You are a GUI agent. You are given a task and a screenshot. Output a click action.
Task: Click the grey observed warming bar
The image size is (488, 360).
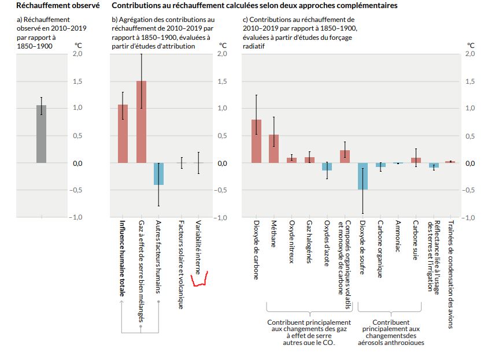pyautogui.click(x=41, y=134)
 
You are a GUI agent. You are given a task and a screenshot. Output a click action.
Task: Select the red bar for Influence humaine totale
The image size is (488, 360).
pyautogui.click(x=123, y=134)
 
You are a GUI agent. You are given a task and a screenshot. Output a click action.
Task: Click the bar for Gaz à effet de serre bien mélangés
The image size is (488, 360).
pyautogui.click(x=141, y=123)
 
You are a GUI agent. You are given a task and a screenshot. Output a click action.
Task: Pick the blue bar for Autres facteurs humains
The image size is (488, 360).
pyautogui.click(x=159, y=174)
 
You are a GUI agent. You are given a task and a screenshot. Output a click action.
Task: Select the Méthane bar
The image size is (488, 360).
pyautogui.click(x=274, y=149)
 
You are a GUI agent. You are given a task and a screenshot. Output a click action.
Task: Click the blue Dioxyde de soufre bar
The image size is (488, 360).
pyautogui.click(x=363, y=176)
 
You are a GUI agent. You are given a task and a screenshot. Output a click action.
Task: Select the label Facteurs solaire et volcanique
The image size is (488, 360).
pyautogui.click(x=180, y=263)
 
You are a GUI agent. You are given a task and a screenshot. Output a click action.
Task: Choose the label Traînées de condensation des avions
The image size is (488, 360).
pyautogui.click(x=451, y=274)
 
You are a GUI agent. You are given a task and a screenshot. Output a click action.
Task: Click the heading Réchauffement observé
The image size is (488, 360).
pyautogui.click(x=49, y=6)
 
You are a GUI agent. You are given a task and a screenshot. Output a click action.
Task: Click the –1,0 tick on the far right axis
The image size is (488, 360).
pyautogui.click(x=469, y=218)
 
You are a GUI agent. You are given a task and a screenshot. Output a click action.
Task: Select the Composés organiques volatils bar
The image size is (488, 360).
pyautogui.click(x=345, y=157)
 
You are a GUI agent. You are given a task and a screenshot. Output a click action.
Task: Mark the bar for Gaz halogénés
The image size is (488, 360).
pyautogui.click(x=309, y=160)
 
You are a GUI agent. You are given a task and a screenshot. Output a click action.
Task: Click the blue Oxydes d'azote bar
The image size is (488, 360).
pyautogui.click(x=327, y=166)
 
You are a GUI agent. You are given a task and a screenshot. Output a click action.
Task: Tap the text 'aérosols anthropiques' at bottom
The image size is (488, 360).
pyautogui.click(x=391, y=343)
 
